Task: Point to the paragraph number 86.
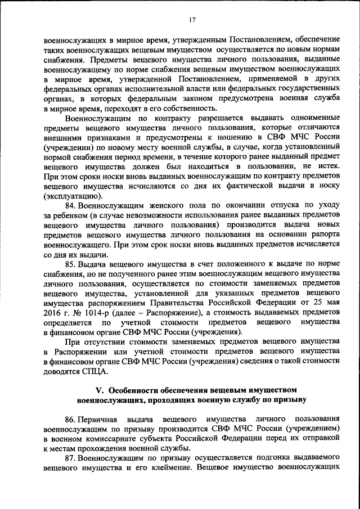coord(71,420)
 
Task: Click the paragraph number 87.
coord(71,458)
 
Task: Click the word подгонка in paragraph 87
coord(259,458)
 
